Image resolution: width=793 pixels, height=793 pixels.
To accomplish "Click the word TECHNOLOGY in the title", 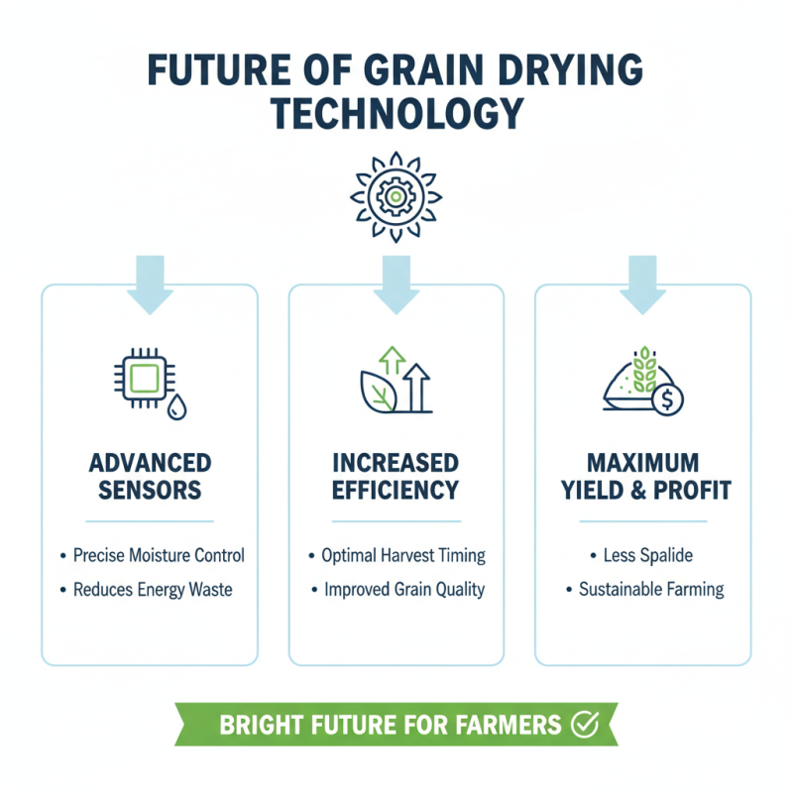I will (x=396, y=114).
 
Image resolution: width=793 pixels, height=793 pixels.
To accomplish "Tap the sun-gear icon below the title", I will (x=396, y=196).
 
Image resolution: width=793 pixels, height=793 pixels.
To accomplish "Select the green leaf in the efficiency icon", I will (x=378, y=395).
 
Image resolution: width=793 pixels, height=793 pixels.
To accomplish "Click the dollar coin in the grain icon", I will (x=670, y=400).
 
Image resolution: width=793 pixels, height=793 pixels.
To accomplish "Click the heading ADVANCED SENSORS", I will (x=150, y=476).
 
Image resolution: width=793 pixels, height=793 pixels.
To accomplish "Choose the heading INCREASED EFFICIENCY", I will (x=396, y=476).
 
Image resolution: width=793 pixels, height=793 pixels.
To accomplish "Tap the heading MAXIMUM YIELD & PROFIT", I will (x=643, y=476).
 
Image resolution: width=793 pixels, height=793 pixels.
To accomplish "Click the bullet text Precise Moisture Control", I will (x=159, y=555).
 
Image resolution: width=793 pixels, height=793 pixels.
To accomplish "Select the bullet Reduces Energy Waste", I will (x=153, y=590).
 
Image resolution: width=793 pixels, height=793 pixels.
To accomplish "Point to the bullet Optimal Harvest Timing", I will (x=403, y=555).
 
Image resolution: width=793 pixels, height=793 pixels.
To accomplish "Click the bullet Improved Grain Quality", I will (x=404, y=590).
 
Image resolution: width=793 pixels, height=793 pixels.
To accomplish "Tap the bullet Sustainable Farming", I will (x=651, y=590).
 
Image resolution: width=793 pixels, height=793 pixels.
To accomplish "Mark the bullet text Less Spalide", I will (x=650, y=555).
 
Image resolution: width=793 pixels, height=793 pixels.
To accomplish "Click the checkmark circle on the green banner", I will (x=586, y=725).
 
